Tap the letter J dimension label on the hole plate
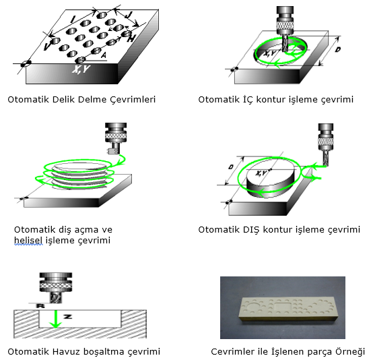[x=128, y=16]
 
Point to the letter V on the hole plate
[x=47, y=47]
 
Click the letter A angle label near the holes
[x=104, y=55]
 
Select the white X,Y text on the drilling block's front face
[x=81, y=69]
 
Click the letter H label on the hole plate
[x=131, y=38]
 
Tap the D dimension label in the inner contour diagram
[x=338, y=50]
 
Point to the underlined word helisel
[x=28, y=240]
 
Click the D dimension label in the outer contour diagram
[x=231, y=167]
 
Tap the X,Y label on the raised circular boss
[x=261, y=173]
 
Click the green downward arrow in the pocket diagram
[x=56, y=320]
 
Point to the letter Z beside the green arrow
[x=67, y=316]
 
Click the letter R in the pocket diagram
[x=40, y=306]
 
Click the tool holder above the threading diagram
[x=116, y=139]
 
